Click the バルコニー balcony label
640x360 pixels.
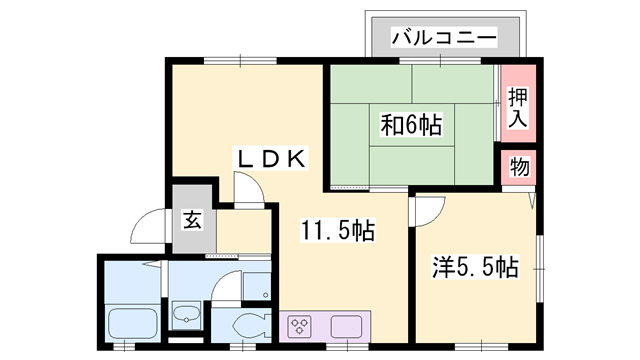pyautogui.click(x=444, y=38)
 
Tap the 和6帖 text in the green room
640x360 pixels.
pyautogui.click(x=411, y=125)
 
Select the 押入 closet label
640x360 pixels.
pyautogui.click(x=517, y=107)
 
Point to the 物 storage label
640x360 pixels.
pyautogui.click(x=519, y=166)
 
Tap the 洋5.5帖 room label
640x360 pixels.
pyautogui.click(x=475, y=267)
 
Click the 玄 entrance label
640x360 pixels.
pyautogui.click(x=191, y=220)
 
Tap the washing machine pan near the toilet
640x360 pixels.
pyautogui.click(x=257, y=285)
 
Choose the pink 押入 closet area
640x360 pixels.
pyautogui.click(x=517, y=106)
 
